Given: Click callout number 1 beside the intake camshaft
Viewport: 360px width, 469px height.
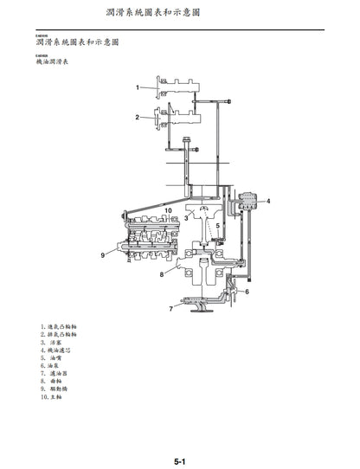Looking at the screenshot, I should point(137,87).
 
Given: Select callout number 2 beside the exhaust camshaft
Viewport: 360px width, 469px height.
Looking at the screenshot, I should point(137,117).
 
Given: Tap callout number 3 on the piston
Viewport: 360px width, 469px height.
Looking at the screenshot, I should point(185,218).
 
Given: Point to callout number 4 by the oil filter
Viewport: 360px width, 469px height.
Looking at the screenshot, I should point(268,201).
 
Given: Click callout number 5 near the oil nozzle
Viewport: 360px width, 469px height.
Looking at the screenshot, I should point(218,227).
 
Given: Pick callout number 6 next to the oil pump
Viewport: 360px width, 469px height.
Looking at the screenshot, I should point(247,292).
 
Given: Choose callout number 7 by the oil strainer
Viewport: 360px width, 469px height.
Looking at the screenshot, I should point(170,308).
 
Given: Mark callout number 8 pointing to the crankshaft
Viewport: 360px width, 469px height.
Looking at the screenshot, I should point(161,274).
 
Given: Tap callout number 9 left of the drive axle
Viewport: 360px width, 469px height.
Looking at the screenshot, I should point(102,254).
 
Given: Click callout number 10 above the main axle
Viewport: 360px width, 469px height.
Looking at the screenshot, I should point(169,209).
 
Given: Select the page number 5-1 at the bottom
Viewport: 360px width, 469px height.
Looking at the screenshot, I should point(179,461).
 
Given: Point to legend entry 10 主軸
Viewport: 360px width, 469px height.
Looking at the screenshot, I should point(53,396).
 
